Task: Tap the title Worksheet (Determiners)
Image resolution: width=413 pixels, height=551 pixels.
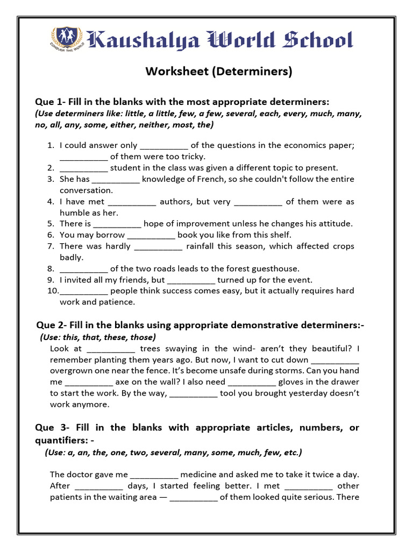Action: click(219, 72)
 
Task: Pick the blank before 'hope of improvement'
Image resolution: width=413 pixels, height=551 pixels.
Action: click(117, 224)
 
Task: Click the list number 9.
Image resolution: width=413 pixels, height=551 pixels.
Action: click(50, 280)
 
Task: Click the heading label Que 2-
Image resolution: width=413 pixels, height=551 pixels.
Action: click(51, 326)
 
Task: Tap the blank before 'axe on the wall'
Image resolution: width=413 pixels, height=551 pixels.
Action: click(89, 382)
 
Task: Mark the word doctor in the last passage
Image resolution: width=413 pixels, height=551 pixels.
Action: click(82, 475)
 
